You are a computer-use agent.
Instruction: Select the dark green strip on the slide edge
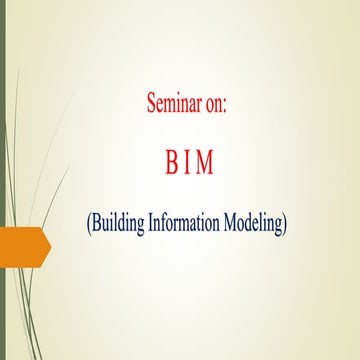[3, 180]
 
